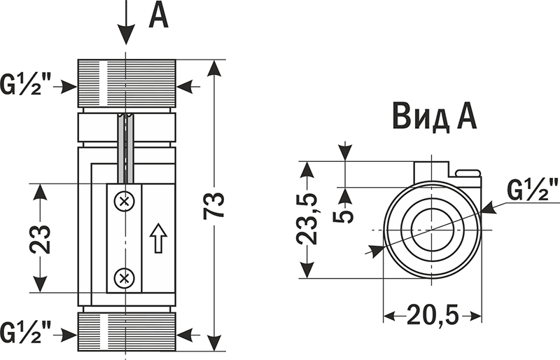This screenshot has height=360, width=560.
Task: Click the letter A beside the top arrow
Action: [159, 15]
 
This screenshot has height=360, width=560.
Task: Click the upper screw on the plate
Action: [125, 202]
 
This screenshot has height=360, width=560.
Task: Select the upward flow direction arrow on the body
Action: [158, 239]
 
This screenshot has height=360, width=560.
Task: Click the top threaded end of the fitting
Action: [126, 84]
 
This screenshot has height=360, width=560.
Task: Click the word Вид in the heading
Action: [421, 116]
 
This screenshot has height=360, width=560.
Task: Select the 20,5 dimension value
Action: [433, 317]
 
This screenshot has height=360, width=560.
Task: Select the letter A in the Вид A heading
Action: [467, 116]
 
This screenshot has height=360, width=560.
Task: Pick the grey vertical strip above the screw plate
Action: [126, 148]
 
